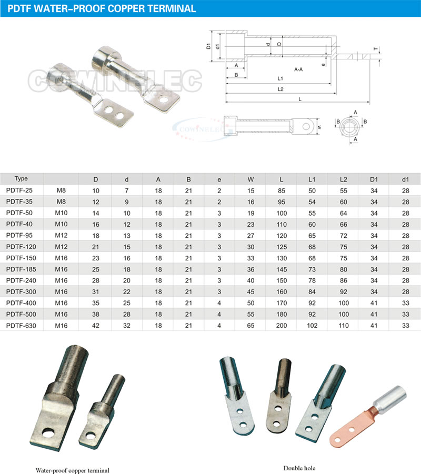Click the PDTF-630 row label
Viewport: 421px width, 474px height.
click(21, 326)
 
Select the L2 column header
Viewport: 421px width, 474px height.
click(343, 179)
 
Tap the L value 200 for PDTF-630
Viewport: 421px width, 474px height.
click(282, 326)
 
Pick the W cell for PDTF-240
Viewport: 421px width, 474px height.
click(250, 280)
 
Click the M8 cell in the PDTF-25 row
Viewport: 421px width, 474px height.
click(61, 190)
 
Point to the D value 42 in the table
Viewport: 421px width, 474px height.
click(96, 326)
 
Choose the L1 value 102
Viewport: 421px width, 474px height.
click(312, 326)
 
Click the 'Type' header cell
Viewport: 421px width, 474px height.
click(21, 178)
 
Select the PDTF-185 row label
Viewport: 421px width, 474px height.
click(21, 269)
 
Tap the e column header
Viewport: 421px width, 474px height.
click(219, 180)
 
